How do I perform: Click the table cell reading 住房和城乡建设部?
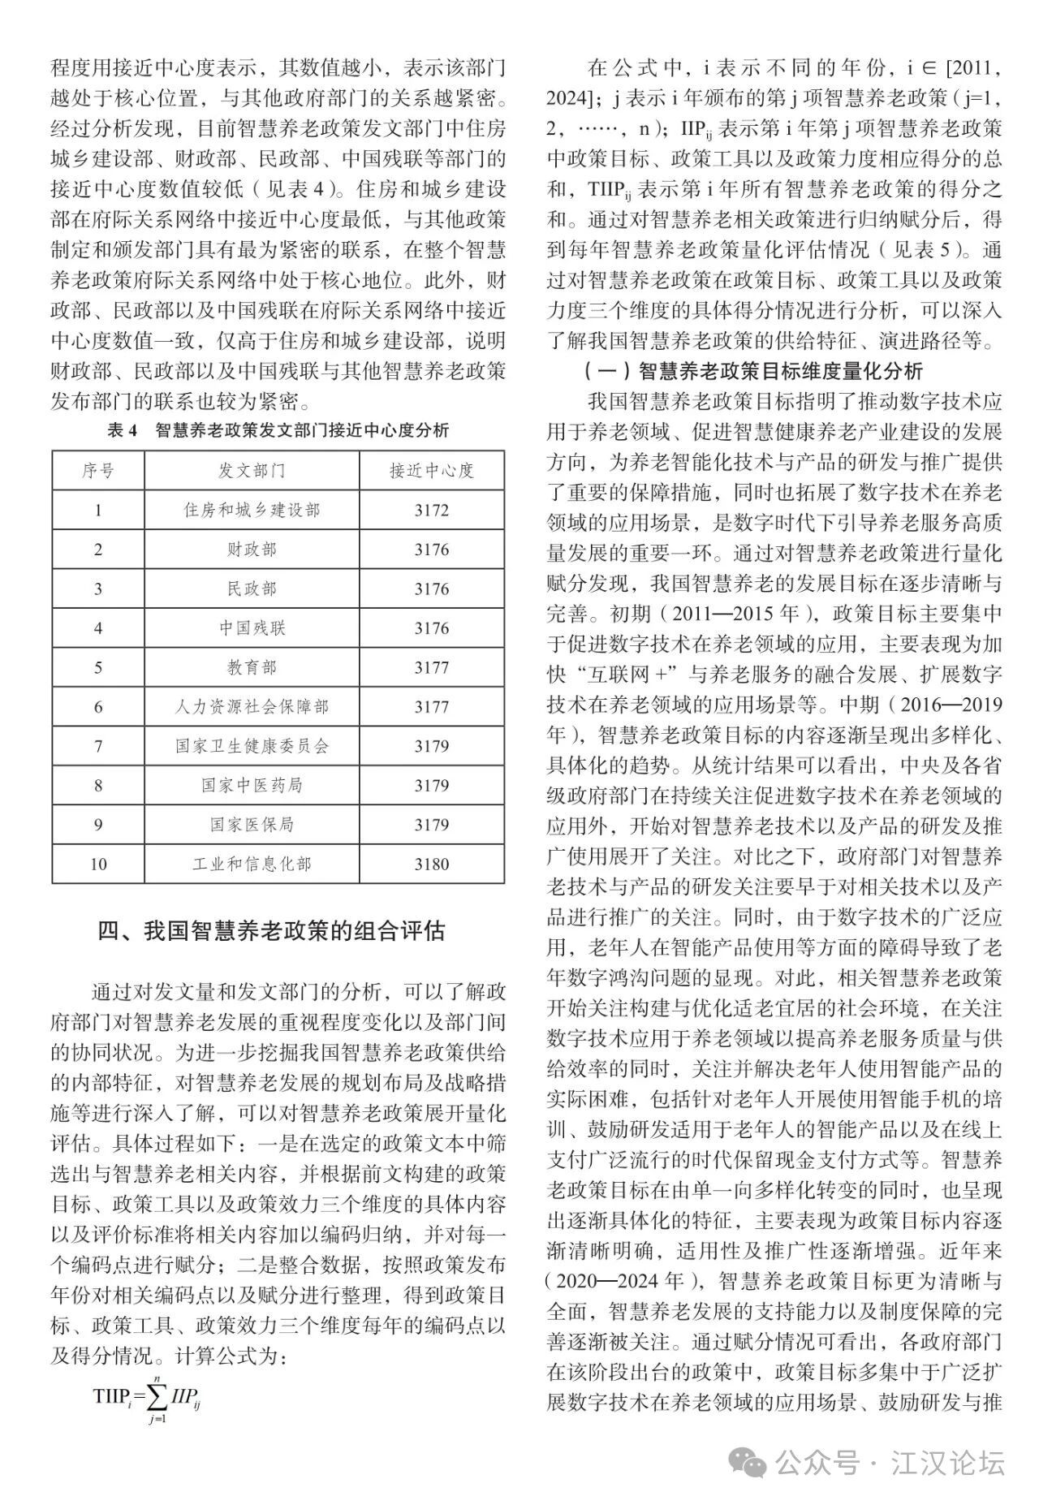click(252, 511)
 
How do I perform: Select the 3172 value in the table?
click(431, 511)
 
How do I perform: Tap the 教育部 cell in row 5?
click(252, 667)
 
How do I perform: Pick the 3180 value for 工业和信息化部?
click(431, 864)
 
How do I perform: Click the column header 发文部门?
click(252, 471)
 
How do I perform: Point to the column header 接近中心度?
click(431, 471)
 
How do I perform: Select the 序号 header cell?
click(98, 471)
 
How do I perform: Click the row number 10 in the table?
click(98, 864)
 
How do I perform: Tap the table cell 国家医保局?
click(252, 825)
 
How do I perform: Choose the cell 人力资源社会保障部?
click(252, 707)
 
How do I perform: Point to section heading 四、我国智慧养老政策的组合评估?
click(271, 930)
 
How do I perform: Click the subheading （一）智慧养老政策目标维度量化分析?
click(752, 372)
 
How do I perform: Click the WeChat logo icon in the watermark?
click(746, 1464)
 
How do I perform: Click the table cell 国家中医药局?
click(252, 786)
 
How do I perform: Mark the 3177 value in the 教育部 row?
click(431, 667)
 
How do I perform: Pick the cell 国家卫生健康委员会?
click(252, 746)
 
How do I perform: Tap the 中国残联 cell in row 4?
click(252, 628)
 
